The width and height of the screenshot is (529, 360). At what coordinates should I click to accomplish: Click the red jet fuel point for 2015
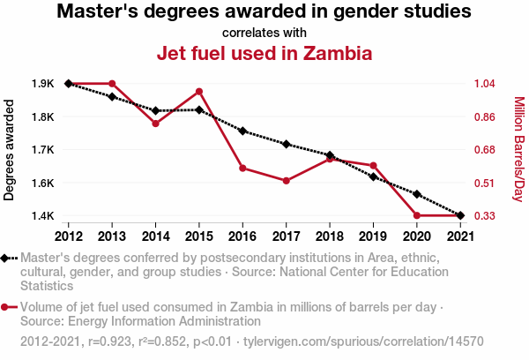point(199,92)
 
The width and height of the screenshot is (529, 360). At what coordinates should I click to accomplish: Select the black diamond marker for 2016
point(242,131)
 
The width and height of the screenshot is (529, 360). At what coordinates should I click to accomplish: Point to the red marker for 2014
point(155,124)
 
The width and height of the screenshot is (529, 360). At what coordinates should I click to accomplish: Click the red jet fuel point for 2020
point(417,215)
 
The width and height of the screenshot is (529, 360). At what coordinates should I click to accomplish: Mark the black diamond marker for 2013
point(112,96)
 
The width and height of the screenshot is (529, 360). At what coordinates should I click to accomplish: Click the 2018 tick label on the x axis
point(330,236)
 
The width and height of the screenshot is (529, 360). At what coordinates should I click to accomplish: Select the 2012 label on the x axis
point(68,236)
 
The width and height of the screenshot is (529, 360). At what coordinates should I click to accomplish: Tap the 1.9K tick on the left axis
point(42,84)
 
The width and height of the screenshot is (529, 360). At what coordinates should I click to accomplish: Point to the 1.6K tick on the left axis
point(42,183)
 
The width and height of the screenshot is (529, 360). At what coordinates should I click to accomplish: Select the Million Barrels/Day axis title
point(518,149)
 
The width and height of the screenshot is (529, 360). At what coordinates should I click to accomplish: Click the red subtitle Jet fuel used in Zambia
point(264,53)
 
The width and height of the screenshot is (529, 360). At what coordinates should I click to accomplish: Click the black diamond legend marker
point(9,258)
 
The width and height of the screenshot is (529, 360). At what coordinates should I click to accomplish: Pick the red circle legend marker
point(9,308)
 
